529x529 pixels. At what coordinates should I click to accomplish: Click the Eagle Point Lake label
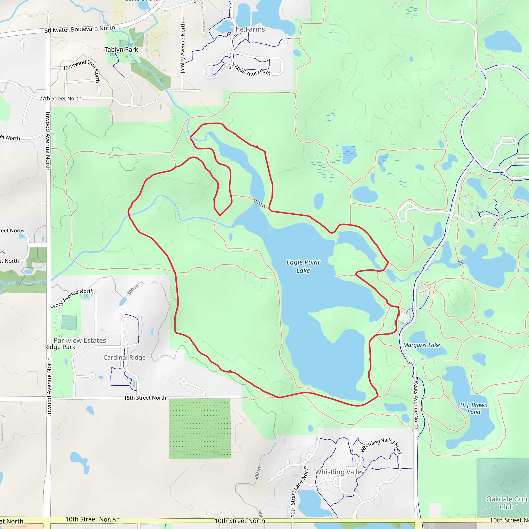(x=303, y=266)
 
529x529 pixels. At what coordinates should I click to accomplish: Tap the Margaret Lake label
(x=421, y=345)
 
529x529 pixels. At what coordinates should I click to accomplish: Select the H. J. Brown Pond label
(x=474, y=408)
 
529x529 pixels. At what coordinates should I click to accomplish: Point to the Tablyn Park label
(x=121, y=50)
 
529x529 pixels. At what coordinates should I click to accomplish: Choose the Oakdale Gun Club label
(x=507, y=503)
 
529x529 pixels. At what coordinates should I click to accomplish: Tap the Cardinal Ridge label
(x=124, y=357)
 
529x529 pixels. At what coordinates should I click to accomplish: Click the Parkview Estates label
(x=80, y=340)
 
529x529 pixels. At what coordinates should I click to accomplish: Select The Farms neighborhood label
(x=248, y=29)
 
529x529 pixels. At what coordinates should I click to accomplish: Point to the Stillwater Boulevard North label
(x=80, y=29)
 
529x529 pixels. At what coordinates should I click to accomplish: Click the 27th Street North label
(x=60, y=99)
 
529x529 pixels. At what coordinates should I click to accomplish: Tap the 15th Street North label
(x=145, y=398)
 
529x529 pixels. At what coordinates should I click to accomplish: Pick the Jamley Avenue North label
(x=183, y=48)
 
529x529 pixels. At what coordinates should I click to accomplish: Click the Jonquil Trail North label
(x=250, y=70)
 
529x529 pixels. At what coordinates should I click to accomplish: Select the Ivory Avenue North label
(x=72, y=298)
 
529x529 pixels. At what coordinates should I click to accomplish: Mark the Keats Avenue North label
(x=416, y=405)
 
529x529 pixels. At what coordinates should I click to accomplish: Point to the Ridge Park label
(x=60, y=347)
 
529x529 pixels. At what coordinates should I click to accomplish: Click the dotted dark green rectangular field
(x=200, y=429)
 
